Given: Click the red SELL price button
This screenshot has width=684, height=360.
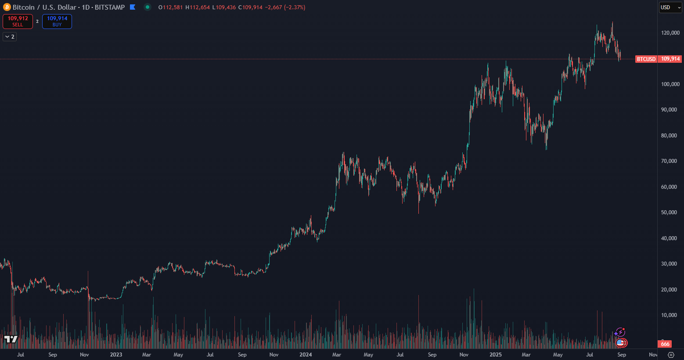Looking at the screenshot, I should pyautogui.click(x=18, y=21).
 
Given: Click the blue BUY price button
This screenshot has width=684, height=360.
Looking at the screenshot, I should pyautogui.click(x=57, y=21).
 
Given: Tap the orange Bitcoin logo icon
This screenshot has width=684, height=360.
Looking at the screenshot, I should pyautogui.click(x=7, y=7).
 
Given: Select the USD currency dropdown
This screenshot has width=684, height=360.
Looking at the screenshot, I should pyautogui.click(x=670, y=7).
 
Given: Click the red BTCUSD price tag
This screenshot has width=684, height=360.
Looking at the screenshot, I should pyautogui.click(x=646, y=59).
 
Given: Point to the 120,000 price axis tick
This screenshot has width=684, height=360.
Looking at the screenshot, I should pyautogui.click(x=670, y=33).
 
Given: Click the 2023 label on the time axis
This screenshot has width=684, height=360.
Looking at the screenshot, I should pyautogui.click(x=116, y=355).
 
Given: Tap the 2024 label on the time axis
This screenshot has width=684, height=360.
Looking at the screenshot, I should pyautogui.click(x=306, y=355).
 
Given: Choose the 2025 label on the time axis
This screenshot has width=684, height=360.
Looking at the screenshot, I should pyautogui.click(x=495, y=355).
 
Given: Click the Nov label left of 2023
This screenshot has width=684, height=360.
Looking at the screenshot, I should pyautogui.click(x=84, y=355).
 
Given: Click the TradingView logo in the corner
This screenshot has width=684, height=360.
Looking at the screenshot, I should pyautogui.click(x=11, y=339).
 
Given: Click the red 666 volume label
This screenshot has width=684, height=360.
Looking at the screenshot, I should pyautogui.click(x=665, y=344).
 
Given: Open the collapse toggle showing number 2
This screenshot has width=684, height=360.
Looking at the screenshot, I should pyautogui.click(x=10, y=37).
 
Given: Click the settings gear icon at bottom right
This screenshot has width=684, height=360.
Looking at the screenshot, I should pyautogui.click(x=671, y=355).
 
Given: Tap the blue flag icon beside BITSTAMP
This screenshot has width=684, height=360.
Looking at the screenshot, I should pyautogui.click(x=133, y=7).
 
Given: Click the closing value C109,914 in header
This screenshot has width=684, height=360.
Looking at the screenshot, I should pyautogui.click(x=250, y=7).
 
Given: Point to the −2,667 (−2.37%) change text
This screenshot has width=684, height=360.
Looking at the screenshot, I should pyautogui.click(x=285, y=7).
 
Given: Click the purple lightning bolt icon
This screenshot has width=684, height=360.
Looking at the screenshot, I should pyautogui.click(x=620, y=332).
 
